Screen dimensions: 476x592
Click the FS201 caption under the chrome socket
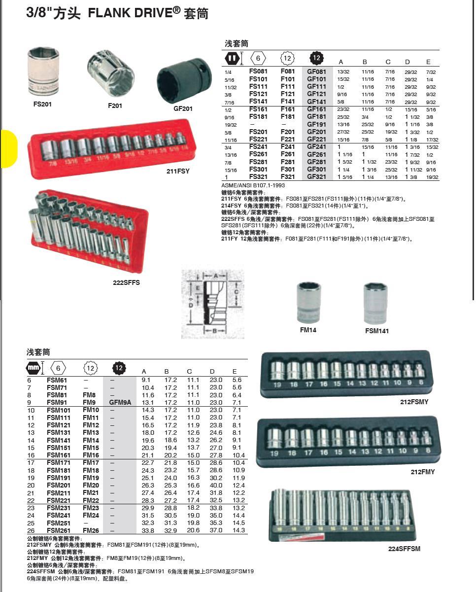42,104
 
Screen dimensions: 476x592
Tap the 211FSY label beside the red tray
177,172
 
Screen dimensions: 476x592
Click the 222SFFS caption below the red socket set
126,283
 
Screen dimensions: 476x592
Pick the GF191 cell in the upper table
316,125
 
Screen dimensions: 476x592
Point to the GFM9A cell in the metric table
120,402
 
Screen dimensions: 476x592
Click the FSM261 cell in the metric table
57,530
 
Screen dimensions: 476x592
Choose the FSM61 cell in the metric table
57,380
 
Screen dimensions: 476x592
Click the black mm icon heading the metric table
33,368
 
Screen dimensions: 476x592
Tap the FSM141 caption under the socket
376,331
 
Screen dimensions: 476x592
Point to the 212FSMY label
414,402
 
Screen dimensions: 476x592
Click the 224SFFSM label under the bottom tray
404,549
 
